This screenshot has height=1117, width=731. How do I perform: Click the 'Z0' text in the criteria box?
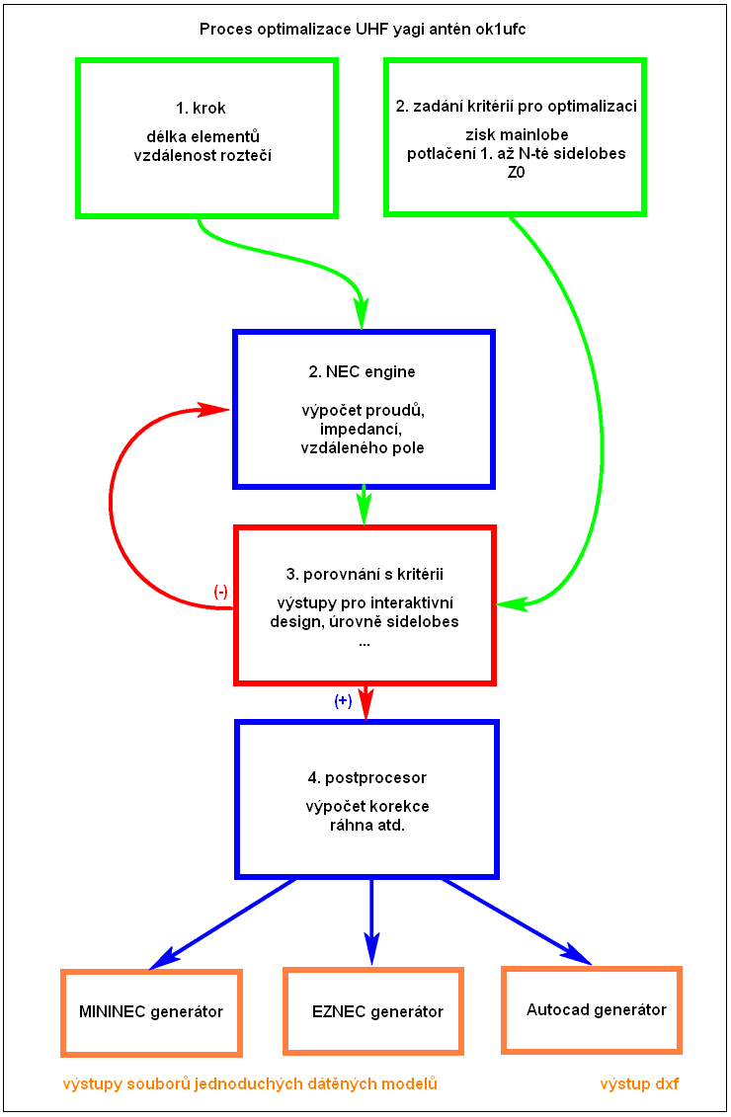pyautogui.click(x=516, y=171)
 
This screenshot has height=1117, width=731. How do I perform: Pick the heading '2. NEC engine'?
pyautogui.click(x=363, y=372)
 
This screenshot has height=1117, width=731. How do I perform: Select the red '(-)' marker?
pyautogui.click(x=221, y=592)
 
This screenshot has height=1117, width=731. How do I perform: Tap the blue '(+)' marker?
pyautogui.click(x=343, y=701)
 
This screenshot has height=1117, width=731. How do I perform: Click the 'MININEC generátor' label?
pyautogui.click(x=151, y=1011)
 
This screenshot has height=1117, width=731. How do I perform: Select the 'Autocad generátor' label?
pyautogui.click(x=596, y=1009)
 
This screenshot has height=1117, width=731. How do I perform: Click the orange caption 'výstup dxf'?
pyautogui.click(x=639, y=1084)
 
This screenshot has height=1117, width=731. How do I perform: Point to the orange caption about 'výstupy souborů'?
pyautogui.click(x=250, y=1084)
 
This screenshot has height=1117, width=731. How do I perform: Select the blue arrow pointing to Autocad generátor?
pyautogui.click(x=514, y=919)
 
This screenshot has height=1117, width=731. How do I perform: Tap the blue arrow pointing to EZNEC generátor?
pyautogui.click(x=371, y=918)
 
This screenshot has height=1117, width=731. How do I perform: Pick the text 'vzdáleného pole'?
pyautogui.click(x=364, y=447)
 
